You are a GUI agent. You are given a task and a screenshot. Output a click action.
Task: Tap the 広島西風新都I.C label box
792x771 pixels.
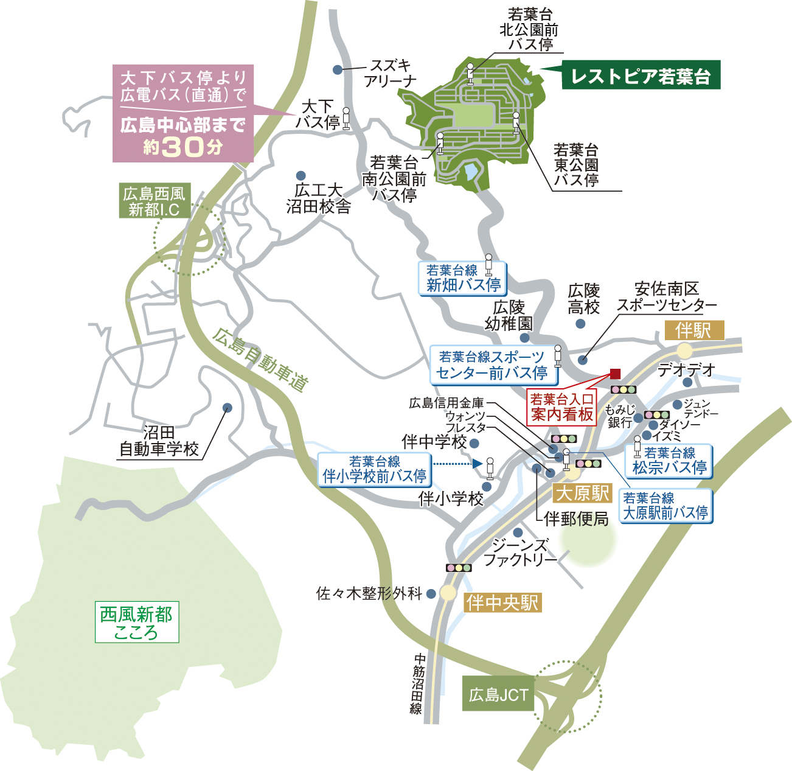(x=154, y=201)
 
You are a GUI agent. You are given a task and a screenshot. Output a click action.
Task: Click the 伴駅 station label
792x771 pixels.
(x=693, y=330)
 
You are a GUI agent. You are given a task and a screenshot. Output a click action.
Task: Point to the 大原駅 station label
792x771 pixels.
(x=582, y=493)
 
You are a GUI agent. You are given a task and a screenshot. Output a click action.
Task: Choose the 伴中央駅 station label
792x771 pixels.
(x=502, y=602)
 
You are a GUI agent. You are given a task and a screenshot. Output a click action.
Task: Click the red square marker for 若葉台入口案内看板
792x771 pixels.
(x=615, y=374)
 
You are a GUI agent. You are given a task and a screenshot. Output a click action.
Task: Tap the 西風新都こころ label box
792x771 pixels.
(x=137, y=623)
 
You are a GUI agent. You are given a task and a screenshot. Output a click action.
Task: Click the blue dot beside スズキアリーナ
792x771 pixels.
(x=338, y=70)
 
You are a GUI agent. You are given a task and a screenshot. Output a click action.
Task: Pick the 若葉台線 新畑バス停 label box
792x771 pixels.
(x=462, y=279)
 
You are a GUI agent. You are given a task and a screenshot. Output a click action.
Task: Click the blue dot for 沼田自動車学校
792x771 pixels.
(x=228, y=408)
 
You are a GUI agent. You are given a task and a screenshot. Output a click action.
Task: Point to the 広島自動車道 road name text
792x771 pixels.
(x=260, y=360)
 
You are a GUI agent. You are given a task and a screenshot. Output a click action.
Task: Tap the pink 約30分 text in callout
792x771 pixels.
(x=183, y=147)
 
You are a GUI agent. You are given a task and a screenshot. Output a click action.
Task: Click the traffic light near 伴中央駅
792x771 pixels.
(x=459, y=568)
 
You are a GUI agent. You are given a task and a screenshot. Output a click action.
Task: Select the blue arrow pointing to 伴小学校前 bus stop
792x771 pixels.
(x=478, y=464)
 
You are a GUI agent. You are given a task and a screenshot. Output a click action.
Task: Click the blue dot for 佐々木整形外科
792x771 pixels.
(x=431, y=593)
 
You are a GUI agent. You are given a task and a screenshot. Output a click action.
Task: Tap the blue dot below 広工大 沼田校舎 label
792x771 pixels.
(x=300, y=175)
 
